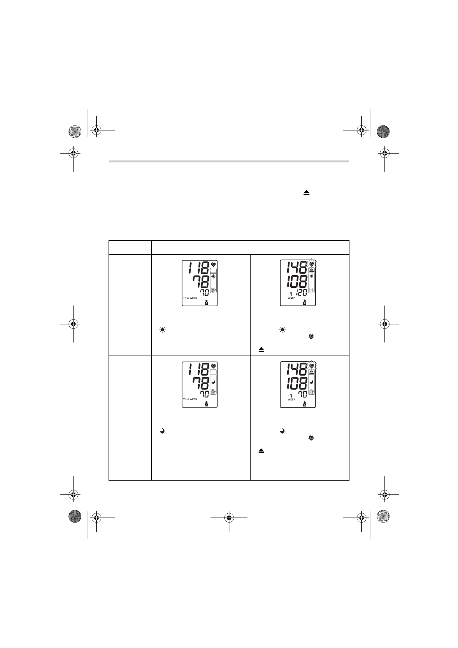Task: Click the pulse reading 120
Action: coord(301,293)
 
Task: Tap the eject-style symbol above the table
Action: coord(306,193)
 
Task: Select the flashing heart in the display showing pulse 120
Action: coord(312,264)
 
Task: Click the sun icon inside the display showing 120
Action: coord(312,276)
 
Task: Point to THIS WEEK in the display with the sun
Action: coord(190,298)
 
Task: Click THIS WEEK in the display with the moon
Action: coord(190,399)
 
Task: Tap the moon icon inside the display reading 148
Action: coord(312,382)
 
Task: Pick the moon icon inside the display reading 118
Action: coord(213,382)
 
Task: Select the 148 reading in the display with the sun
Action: coord(297,267)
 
